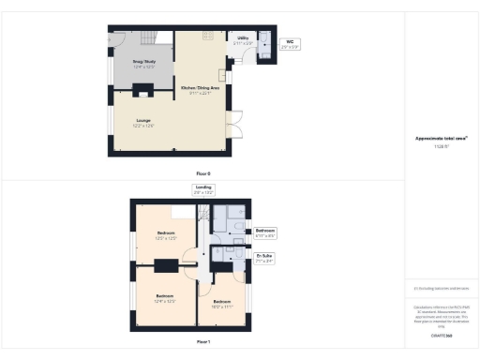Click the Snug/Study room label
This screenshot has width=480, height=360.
coord(143,63)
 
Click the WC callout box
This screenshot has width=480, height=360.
coord(290,43)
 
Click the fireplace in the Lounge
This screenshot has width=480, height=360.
coord(143,91)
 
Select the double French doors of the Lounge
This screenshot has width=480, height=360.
coord(235,122)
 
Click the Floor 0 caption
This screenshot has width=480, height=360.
coord(202,174)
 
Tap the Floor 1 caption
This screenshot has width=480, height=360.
coord(202,342)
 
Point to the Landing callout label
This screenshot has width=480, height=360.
coord(202,189)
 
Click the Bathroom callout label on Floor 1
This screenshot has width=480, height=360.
coord(265,231)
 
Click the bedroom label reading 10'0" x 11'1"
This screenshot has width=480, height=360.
coord(222,304)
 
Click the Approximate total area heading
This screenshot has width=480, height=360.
coord(441,139)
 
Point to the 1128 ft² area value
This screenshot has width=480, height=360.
coord(441,148)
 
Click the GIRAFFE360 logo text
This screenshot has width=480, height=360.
coord(441,335)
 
